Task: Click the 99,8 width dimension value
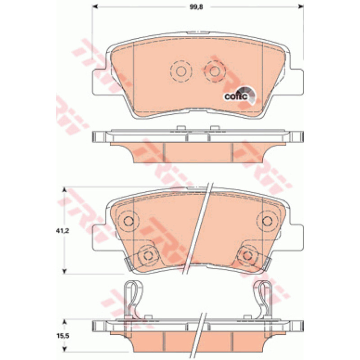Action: pyautogui.click(x=196, y=7)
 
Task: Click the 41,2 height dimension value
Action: pyautogui.click(x=63, y=231)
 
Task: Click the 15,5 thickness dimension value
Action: pyautogui.click(x=63, y=336)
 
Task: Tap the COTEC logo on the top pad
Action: pyautogui.click(x=239, y=95)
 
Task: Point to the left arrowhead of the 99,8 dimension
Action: pyautogui.click(x=95, y=7)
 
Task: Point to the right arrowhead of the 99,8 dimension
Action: pyautogui.click(x=301, y=7)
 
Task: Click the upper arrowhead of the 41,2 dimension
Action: pyautogui.click(x=65, y=190)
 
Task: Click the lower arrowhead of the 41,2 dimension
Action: pyautogui.click(x=65, y=271)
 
